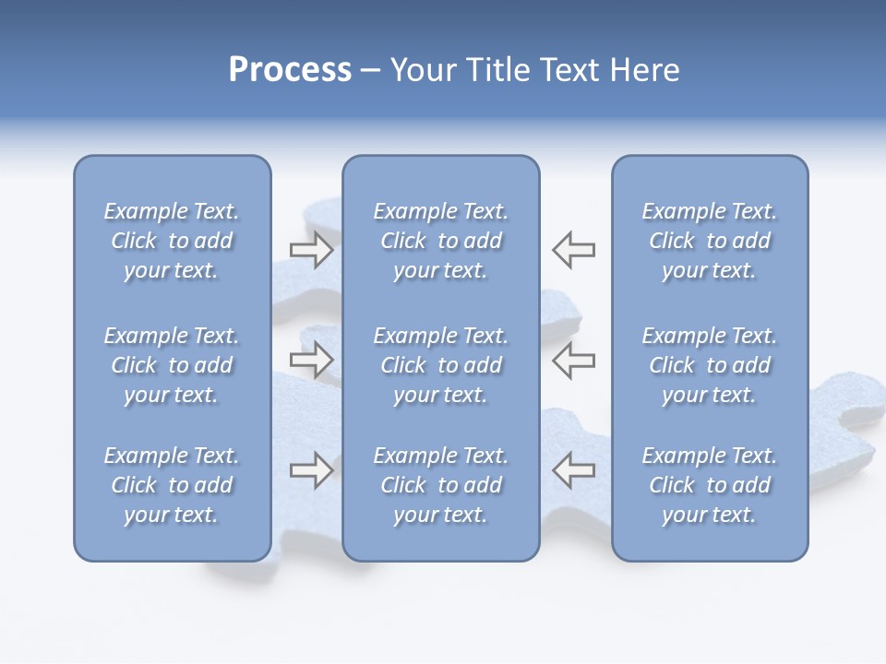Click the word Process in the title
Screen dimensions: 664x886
[x=290, y=70]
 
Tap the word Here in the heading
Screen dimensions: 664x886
[x=642, y=70]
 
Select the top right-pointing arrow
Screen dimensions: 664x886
[x=312, y=249]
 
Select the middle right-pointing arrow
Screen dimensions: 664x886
[x=312, y=360]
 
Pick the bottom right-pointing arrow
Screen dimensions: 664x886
[x=312, y=469]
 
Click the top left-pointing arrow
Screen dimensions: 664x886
[x=573, y=249]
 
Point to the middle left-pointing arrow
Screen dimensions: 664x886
[x=573, y=360]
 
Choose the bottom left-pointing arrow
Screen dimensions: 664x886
[x=573, y=469]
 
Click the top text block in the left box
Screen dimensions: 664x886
[x=172, y=241]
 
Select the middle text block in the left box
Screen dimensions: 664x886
[x=172, y=365]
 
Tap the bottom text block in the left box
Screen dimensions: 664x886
[x=172, y=485]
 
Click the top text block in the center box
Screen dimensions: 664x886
[x=441, y=241]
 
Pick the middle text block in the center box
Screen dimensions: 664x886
[x=441, y=365]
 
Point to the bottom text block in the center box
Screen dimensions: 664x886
[x=441, y=485]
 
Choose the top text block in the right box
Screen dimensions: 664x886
[x=710, y=241]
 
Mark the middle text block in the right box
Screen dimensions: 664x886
[x=710, y=365]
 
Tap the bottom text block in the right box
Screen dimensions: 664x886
[x=710, y=485]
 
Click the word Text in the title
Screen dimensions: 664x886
[x=568, y=70]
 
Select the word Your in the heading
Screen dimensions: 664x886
[x=421, y=70]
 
